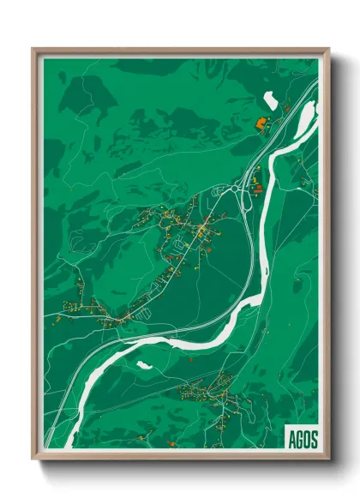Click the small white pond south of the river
(x=144, y=365)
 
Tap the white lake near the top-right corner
(x=270, y=100)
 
